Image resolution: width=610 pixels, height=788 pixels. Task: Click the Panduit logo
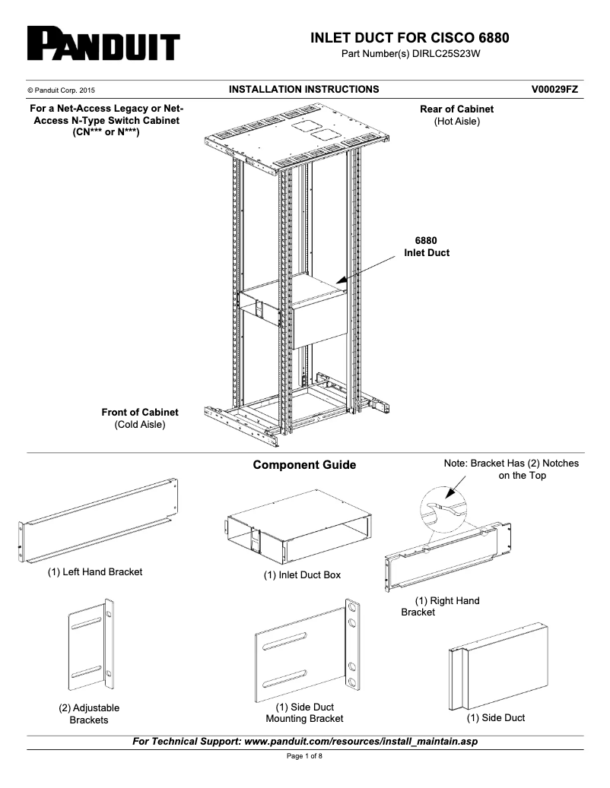103,45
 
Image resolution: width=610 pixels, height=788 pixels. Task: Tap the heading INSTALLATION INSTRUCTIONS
303,90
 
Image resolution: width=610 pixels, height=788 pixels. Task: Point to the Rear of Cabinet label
456,109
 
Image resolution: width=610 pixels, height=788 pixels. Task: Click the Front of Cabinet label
140,413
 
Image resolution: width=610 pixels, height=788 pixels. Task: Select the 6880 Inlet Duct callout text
426,247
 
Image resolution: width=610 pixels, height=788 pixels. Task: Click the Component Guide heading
304,465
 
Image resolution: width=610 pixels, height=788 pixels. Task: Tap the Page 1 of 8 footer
304,757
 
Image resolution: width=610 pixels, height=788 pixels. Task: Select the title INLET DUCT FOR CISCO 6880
410,38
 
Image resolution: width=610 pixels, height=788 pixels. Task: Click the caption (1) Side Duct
495,718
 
